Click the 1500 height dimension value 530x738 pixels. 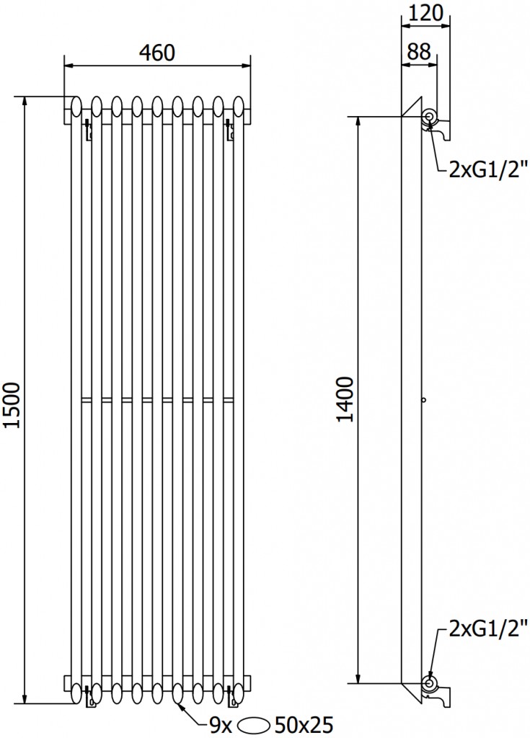[x=12, y=405]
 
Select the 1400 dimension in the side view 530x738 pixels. [x=345, y=399]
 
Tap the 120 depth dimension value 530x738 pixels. [x=425, y=13]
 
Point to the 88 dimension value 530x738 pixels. [x=419, y=51]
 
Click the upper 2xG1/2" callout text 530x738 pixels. [x=485, y=168]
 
